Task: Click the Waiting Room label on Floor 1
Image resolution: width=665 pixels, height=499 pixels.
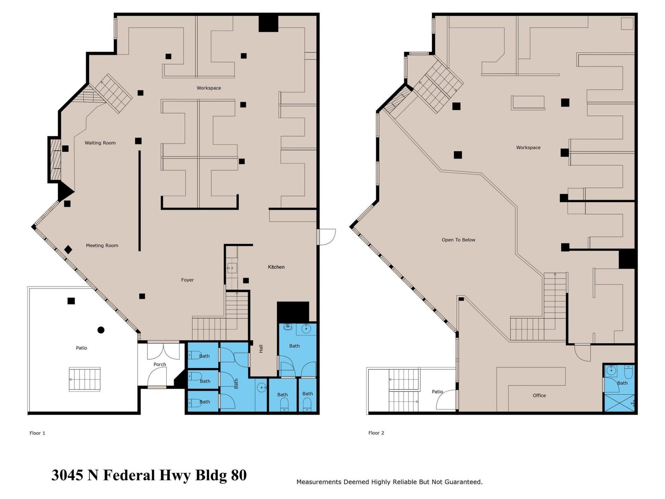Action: tap(100, 143)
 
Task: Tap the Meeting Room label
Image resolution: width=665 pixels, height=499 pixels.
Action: tap(102, 245)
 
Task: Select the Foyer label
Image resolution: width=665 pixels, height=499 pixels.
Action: tap(187, 280)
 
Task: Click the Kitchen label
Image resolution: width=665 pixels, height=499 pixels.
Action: tap(276, 267)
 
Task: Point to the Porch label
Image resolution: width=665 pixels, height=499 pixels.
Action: tap(160, 364)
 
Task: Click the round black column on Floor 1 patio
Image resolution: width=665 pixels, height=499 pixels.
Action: tap(101, 330)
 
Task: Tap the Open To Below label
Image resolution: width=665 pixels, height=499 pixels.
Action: tap(458, 240)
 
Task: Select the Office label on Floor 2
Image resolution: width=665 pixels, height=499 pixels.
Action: tap(539, 395)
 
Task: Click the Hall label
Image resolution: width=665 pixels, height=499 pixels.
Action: tap(261, 349)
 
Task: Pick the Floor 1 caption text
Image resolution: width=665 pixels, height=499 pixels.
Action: tap(37, 433)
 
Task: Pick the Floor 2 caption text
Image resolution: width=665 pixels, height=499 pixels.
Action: tap(376, 433)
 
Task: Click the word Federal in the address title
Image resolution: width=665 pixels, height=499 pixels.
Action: tap(129, 475)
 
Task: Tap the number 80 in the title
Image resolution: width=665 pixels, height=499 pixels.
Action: tap(239, 475)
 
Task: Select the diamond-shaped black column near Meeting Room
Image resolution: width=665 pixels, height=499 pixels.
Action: tap(68, 249)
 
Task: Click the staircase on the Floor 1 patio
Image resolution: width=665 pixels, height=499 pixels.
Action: tap(85, 379)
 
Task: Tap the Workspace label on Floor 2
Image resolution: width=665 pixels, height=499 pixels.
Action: tap(528, 148)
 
